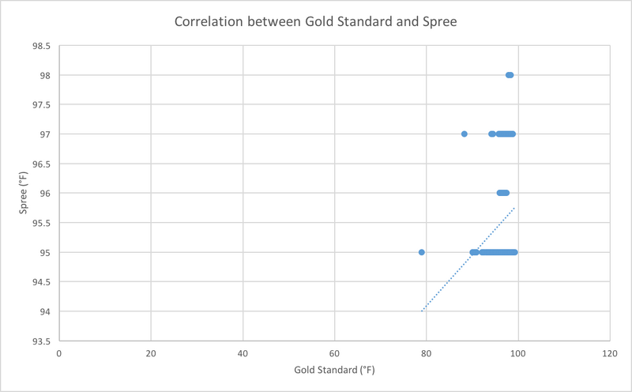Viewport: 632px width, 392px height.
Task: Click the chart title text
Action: click(x=316, y=21)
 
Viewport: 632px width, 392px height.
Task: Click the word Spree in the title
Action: click(x=439, y=21)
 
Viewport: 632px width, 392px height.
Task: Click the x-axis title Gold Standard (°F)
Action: click(x=334, y=370)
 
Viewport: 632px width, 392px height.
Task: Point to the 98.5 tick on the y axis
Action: click(x=41, y=46)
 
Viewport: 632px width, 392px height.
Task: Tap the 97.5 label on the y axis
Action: click(x=41, y=105)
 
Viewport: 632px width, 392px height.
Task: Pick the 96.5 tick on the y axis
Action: click(x=41, y=164)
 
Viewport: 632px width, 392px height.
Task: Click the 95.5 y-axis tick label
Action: click(x=41, y=224)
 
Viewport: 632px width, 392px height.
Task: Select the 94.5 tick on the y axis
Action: click(x=41, y=282)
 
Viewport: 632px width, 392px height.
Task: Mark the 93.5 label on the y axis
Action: click(x=41, y=341)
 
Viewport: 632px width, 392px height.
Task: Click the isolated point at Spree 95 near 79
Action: click(x=422, y=252)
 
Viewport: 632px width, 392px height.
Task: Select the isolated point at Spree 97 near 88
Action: click(x=465, y=134)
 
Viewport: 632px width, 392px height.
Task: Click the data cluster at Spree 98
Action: click(x=510, y=75)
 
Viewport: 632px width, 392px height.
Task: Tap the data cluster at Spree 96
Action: click(x=502, y=193)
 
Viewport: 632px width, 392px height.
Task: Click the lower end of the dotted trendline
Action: click(x=422, y=311)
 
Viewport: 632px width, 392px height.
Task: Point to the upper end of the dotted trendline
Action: click(x=515, y=208)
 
